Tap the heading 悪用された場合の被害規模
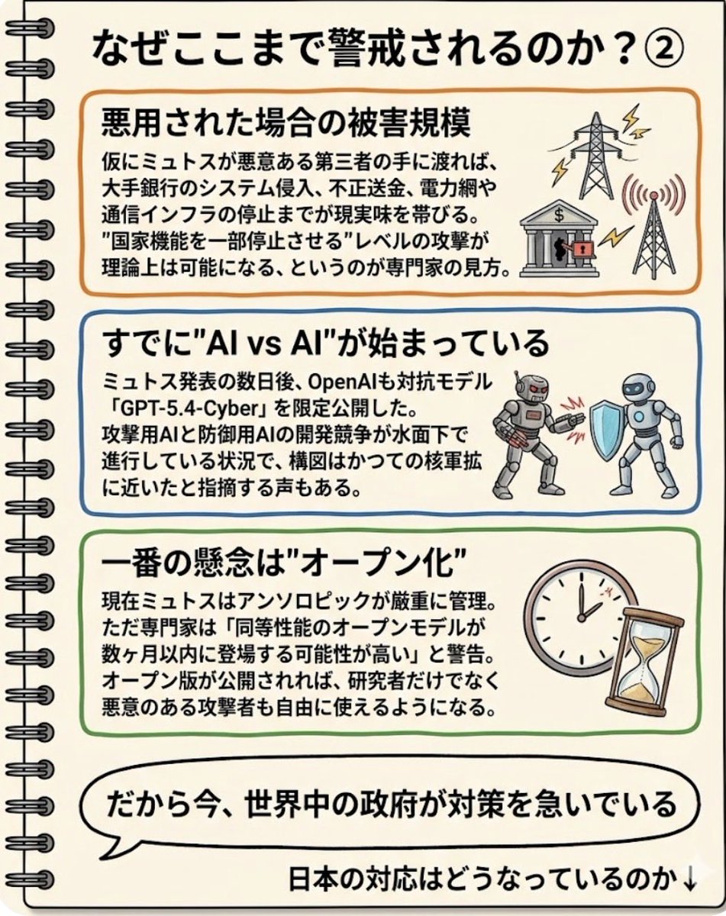[x=286, y=122]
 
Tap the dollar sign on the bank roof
[x=559, y=215]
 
